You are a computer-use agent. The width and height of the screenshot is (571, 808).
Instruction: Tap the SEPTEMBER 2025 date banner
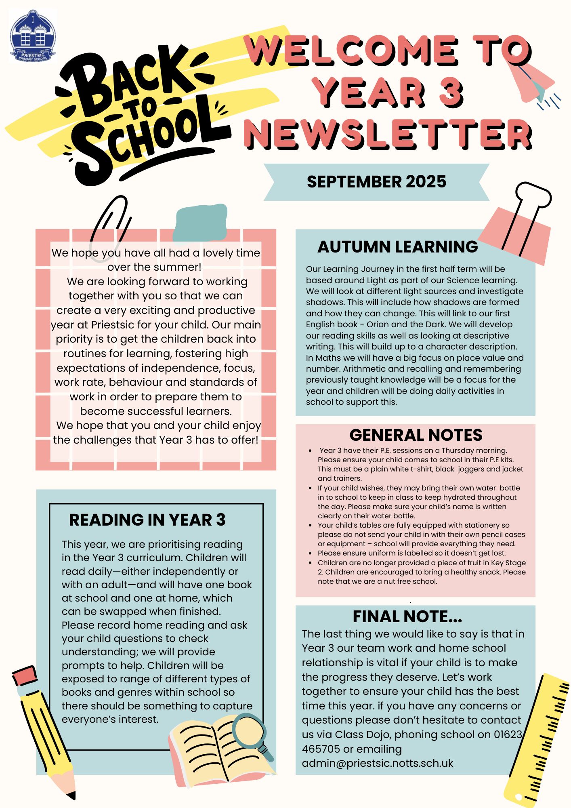click(376, 182)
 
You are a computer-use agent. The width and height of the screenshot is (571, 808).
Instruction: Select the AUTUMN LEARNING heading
click(397, 246)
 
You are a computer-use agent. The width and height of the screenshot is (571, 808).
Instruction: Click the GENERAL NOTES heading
click(416, 435)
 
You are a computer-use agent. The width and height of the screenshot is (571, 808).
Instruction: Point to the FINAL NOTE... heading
click(407, 617)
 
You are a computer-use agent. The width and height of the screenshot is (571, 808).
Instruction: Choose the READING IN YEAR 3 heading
click(147, 520)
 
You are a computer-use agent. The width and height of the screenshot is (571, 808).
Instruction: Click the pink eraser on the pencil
click(25, 676)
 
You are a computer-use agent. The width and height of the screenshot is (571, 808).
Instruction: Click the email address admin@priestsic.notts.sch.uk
click(377, 763)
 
